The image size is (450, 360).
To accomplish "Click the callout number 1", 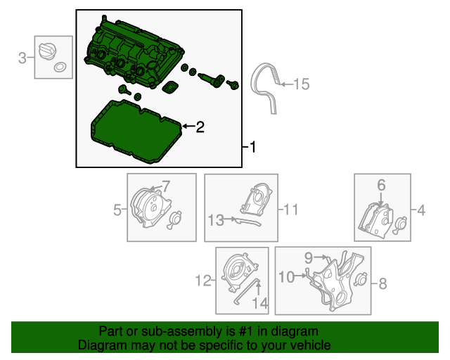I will tap(253, 148).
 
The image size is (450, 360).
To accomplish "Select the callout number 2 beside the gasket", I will tap(200, 127).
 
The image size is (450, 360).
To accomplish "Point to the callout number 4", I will tap(421, 210).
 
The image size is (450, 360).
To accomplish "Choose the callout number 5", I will tap(117, 209).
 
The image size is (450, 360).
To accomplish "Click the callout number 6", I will tap(382, 185).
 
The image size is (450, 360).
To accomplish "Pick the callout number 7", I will tap(167, 186).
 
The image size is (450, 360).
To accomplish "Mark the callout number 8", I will tap(383, 284).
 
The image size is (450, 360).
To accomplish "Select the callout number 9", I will tap(308, 258).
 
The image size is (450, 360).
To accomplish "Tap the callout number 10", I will tap(286, 278).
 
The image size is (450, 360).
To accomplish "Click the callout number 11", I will tap(291, 209).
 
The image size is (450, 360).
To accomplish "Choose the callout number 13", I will tap(215, 220).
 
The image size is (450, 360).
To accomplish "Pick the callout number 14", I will tap(260, 303).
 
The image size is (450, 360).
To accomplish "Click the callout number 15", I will tap(301, 85).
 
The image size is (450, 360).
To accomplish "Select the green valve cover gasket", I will tap(134, 134).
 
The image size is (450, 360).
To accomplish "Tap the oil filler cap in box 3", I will tap(49, 52).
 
